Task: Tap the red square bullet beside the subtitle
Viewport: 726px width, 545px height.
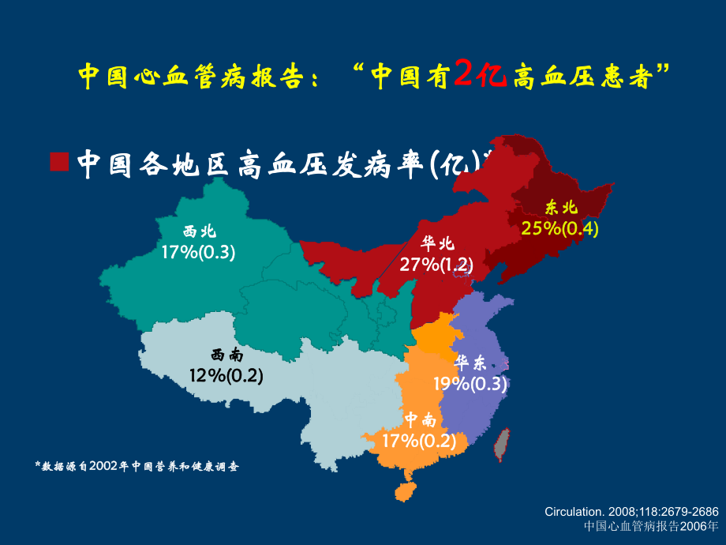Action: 59,161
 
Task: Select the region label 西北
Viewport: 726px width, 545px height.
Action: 199,232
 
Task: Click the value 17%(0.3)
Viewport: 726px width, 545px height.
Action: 199,252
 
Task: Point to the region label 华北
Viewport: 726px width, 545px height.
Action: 437,244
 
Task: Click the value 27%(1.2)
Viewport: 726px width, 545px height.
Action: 436,264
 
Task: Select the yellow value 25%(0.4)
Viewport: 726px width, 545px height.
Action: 560,228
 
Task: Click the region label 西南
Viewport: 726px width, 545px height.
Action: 226,355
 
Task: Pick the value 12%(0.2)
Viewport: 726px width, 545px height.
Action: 226,375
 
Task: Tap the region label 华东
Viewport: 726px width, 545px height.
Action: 470,363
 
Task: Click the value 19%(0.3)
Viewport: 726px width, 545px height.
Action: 470,384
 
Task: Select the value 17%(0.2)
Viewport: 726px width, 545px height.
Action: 419,441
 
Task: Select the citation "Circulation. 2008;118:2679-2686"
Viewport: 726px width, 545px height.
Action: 631,513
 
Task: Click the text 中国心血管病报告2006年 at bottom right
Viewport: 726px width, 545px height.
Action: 652,525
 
